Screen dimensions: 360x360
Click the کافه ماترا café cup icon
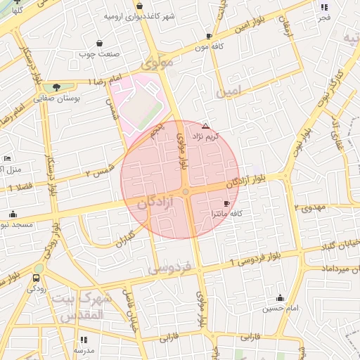[x=226, y=202]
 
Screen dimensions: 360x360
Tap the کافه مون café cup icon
[x=209, y=36]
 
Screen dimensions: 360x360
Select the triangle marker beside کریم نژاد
[x=205, y=126]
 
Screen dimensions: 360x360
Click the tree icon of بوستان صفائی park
[x=56, y=87]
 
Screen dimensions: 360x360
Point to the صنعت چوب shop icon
[x=99, y=44]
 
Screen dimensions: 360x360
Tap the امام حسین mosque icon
[x=281, y=297]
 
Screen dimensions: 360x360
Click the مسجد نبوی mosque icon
[x=13, y=214]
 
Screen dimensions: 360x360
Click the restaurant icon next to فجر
[x=324, y=8]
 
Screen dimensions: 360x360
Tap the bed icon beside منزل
[x=7, y=158]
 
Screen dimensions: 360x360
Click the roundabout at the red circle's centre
[x=186, y=191]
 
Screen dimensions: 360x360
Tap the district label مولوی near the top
[x=157, y=63]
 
